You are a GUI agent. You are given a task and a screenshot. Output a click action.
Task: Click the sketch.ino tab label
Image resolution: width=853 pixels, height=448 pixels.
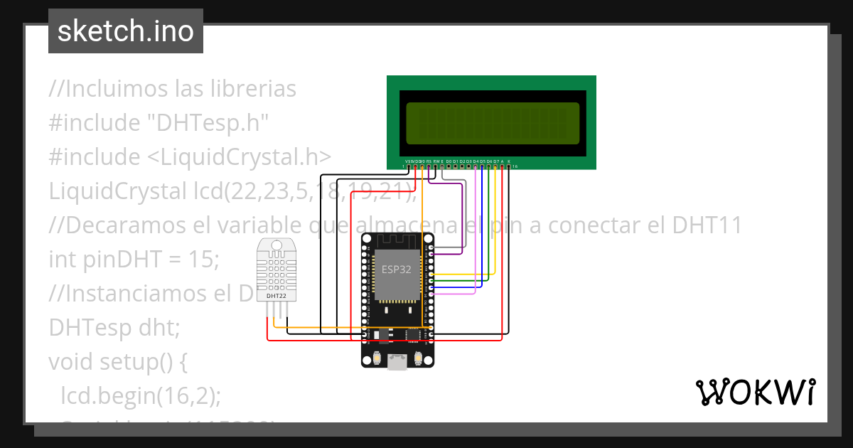[x=125, y=31]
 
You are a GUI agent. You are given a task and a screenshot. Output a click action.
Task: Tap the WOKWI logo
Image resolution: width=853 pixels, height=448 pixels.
[x=754, y=392]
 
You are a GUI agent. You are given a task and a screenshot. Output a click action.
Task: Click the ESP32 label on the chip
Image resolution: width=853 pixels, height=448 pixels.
[x=396, y=270]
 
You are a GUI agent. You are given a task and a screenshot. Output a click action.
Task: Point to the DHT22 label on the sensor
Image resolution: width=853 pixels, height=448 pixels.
[x=277, y=295]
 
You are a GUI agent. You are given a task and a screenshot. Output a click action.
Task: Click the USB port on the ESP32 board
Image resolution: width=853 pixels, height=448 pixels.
[x=397, y=363]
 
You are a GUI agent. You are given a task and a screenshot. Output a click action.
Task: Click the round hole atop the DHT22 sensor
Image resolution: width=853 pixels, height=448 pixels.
[x=277, y=246]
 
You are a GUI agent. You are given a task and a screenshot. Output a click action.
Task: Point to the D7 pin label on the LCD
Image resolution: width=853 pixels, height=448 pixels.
[x=496, y=161]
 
